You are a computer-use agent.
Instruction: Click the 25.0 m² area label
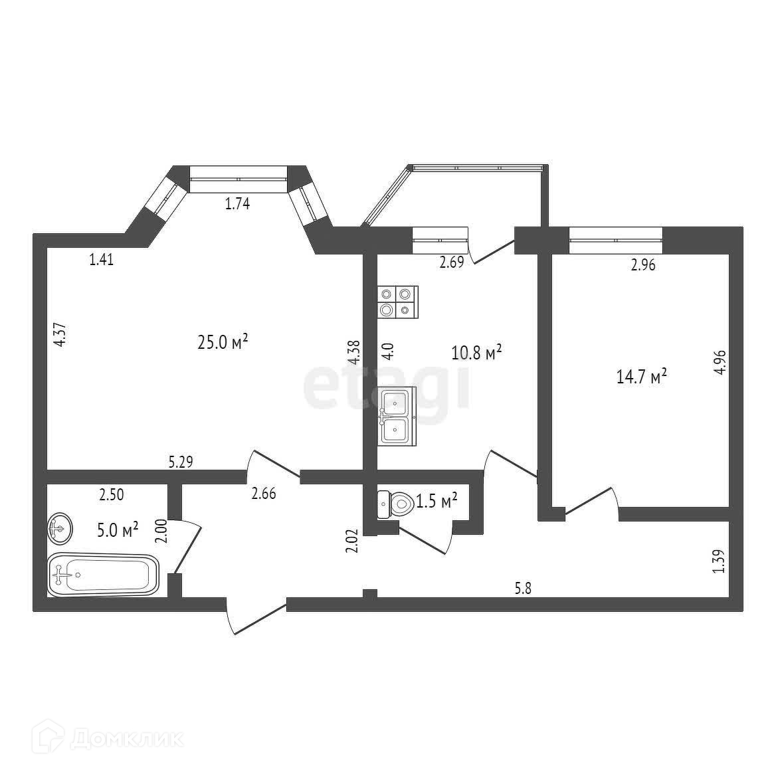pyautogui.click(x=223, y=342)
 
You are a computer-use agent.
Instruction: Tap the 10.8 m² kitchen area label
pyautogui.click(x=476, y=352)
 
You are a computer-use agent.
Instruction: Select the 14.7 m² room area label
pyautogui.click(x=642, y=377)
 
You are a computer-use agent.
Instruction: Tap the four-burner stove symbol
pyautogui.click(x=397, y=301)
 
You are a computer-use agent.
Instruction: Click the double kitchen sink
pyautogui.click(x=397, y=416)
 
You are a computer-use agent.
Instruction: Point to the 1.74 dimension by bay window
pyautogui.click(x=237, y=205)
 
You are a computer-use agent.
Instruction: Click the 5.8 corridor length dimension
pyautogui.click(x=524, y=587)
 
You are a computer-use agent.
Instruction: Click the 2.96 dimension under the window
pyautogui.click(x=643, y=266)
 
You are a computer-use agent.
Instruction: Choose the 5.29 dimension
pyautogui.click(x=181, y=461)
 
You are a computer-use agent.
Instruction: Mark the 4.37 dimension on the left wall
pyautogui.click(x=60, y=334)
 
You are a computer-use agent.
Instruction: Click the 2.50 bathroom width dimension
pyautogui.click(x=111, y=494)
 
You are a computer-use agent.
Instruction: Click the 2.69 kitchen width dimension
pyautogui.click(x=451, y=262)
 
